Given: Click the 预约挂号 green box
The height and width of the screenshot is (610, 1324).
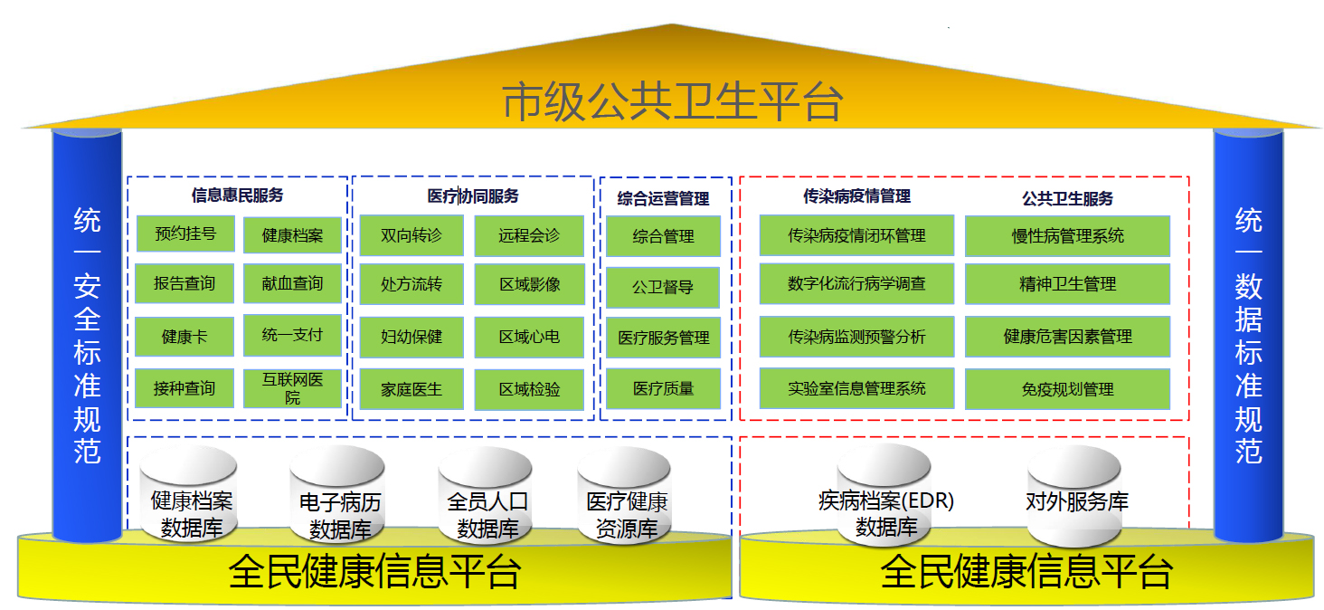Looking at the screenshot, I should (x=185, y=234).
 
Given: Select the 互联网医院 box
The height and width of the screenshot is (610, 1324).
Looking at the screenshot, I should (x=292, y=388).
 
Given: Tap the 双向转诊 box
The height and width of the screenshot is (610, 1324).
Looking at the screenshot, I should (x=411, y=235).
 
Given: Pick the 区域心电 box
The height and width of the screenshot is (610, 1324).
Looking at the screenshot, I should (x=529, y=337).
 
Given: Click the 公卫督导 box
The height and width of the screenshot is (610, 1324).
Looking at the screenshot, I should (x=663, y=288).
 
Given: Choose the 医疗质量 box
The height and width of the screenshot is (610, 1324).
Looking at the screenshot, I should (x=663, y=388).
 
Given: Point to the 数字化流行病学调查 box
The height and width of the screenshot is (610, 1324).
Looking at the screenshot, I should (x=856, y=284).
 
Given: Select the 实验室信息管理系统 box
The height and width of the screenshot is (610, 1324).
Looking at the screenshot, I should (x=856, y=388).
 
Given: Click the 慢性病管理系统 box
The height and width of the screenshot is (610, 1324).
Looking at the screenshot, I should (x=1067, y=236).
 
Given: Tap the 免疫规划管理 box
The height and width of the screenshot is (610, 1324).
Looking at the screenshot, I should (x=1067, y=389).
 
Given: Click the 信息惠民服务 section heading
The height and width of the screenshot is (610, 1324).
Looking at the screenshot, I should (x=237, y=195).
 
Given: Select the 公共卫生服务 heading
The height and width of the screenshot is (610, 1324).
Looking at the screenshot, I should (x=1067, y=197).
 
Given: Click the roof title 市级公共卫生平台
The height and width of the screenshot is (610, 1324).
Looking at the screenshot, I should (x=672, y=101).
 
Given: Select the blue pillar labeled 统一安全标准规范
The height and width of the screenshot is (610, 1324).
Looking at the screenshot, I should (x=87, y=335).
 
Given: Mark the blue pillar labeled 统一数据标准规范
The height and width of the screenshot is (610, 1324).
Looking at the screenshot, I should (x=1248, y=335).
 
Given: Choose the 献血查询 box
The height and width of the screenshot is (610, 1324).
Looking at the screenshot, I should (x=292, y=284).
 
